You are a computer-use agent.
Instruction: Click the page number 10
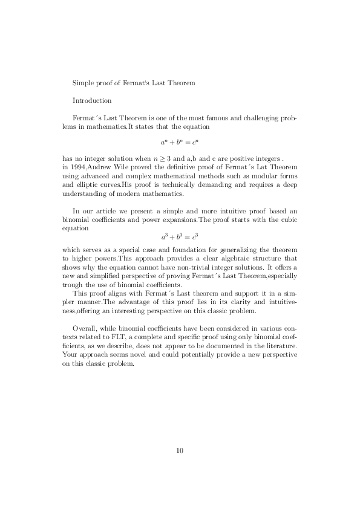click(180, 450)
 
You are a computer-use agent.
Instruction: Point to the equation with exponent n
click(180, 143)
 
